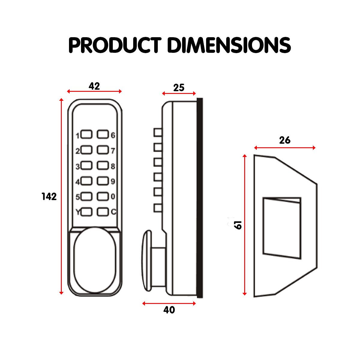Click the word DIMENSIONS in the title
229,45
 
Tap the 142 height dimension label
49,196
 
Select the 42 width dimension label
94,86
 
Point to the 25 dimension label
179,88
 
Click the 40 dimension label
169,310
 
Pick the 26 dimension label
285,140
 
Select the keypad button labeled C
102,212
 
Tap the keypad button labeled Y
86,212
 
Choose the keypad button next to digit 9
102,181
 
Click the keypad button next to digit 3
86,165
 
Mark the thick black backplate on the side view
199,198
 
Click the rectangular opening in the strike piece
281,228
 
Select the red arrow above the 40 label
169,303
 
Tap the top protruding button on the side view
158,132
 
